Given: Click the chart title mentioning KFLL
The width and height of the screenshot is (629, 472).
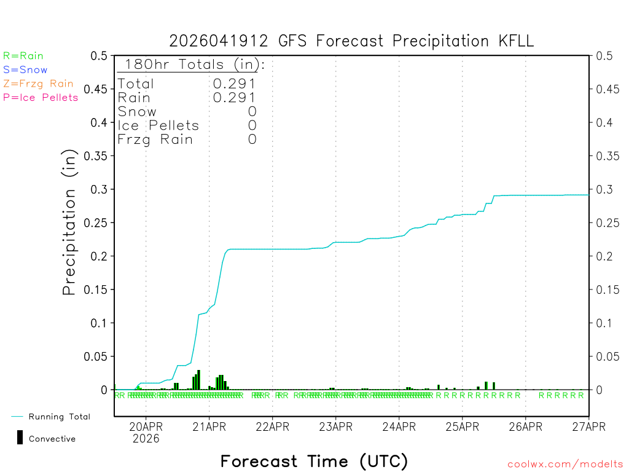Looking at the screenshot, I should tap(351, 41).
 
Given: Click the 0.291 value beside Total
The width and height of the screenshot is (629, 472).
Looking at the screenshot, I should tap(234, 84).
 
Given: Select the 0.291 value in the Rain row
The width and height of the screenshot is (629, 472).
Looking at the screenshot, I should tap(234, 98).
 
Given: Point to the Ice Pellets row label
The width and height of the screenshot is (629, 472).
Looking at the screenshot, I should tap(158, 125).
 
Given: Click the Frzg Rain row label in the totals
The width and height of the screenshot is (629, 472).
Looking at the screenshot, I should tap(155, 140).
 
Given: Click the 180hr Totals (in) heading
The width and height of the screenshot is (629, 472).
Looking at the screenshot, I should tap(192, 65).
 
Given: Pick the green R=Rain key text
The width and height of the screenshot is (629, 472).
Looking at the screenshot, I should tap(23, 56).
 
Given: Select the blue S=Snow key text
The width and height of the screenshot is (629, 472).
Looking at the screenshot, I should tap(25, 70).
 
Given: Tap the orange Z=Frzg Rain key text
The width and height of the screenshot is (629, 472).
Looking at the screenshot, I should tap(38, 84).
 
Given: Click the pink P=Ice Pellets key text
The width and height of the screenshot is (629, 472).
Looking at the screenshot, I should tap(41, 97).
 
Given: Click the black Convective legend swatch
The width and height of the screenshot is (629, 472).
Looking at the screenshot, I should tap(20, 438).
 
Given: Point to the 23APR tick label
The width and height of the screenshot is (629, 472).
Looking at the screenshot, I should tap(335, 427).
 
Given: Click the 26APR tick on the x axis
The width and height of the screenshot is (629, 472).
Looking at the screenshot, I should tap(525, 427).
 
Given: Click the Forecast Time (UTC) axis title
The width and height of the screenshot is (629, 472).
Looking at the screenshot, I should tap(314, 461).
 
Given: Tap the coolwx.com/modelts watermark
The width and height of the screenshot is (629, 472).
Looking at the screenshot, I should tap(565, 465).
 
